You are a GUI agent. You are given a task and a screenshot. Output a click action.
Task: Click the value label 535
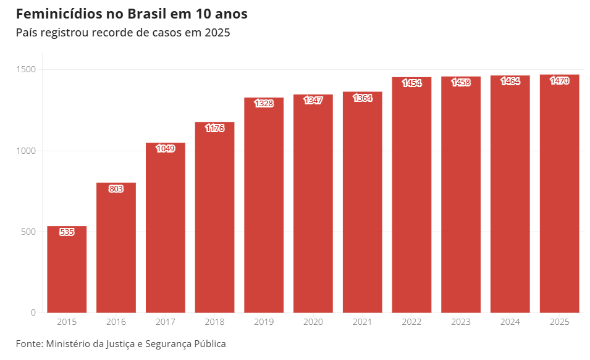(x=67, y=232)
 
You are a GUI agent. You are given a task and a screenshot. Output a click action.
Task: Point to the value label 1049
(x=166, y=149)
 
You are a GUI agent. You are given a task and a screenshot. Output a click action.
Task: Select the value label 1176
(x=214, y=128)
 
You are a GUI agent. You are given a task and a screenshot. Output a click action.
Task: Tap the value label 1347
(x=313, y=101)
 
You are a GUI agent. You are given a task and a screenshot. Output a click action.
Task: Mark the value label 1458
(x=461, y=83)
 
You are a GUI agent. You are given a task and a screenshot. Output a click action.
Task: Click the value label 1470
(x=559, y=81)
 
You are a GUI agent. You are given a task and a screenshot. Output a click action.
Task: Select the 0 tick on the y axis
(x=34, y=312)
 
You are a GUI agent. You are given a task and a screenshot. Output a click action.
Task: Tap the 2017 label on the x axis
(x=166, y=322)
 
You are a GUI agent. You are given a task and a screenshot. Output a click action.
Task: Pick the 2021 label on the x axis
(x=363, y=322)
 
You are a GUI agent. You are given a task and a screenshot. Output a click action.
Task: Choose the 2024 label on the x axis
(x=510, y=322)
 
